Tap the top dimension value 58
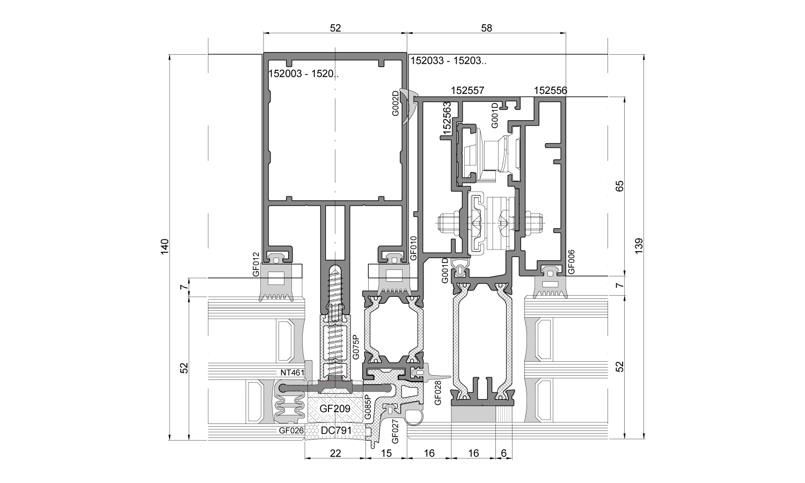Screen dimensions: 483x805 [486, 28]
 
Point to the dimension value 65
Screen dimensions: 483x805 [620, 186]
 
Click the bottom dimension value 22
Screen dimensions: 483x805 [335, 453]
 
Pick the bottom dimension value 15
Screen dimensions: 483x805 [386, 453]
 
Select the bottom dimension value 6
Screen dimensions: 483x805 [503, 453]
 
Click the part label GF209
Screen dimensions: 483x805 [335, 408]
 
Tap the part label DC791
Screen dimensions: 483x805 [335, 430]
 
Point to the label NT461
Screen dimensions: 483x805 [291, 372]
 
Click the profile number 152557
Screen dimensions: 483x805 [467, 91]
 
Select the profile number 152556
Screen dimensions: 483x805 [550, 91]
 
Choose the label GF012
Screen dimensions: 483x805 [256, 265]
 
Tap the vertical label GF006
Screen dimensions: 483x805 [571, 262]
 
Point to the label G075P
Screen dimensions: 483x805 [355, 347]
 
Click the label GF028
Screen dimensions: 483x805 [437, 392]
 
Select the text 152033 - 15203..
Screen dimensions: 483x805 [449, 61]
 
